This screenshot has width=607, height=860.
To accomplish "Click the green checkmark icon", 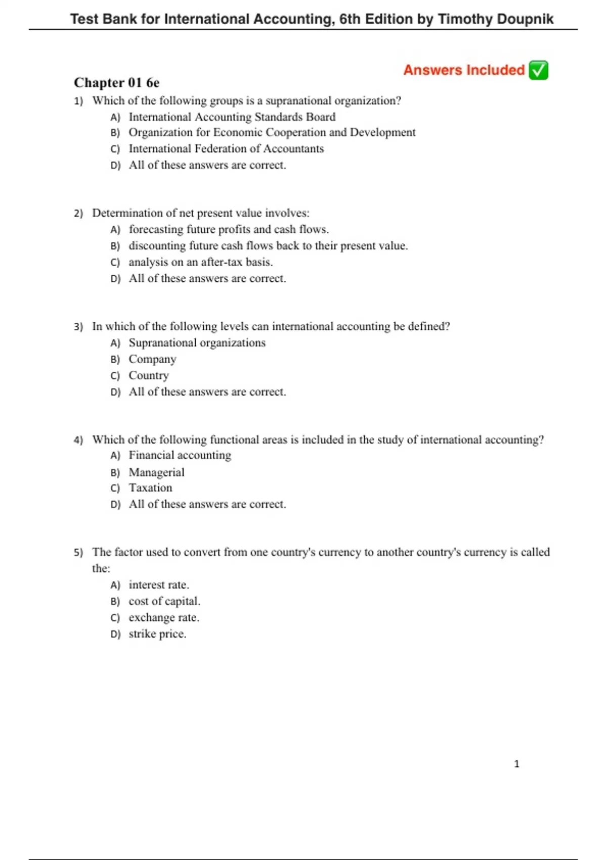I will [x=538, y=70].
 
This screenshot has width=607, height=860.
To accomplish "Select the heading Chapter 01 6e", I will [x=116, y=82].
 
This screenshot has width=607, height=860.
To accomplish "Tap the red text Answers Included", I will [x=464, y=70].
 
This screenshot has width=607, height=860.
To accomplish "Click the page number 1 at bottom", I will [x=516, y=764].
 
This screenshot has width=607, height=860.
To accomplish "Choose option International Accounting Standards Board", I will [x=232, y=117].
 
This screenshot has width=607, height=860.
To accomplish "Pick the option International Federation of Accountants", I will [x=226, y=149].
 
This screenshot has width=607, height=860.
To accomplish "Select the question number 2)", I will [x=78, y=213].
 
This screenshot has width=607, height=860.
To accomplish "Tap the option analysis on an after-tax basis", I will [x=200, y=262].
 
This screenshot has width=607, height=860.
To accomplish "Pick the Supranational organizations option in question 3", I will [x=197, y=343].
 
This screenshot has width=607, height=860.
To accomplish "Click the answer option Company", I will [x=152, y=359].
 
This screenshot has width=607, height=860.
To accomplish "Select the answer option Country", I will [x=149, y=375].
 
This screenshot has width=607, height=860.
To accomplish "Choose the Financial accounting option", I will [x=180, y=455].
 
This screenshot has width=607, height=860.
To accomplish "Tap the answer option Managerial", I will [x=156, y=472].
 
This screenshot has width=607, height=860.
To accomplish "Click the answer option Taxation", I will [x=150, y=488].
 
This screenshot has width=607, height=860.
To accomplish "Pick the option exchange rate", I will [x=164, y=618].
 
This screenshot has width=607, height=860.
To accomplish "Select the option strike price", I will [x=157, y=634].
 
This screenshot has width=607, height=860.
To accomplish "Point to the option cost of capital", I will [x=164, y=601].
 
